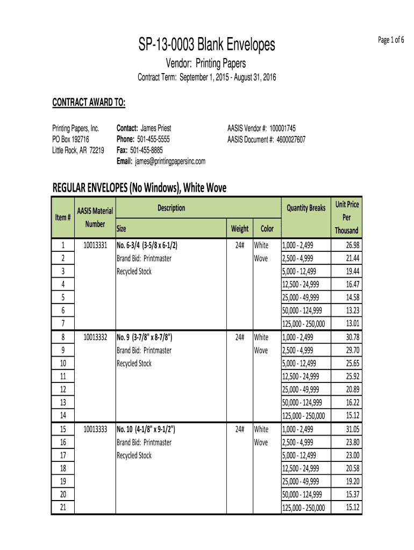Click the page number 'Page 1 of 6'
391,40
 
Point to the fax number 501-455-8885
146,150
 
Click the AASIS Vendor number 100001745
282,128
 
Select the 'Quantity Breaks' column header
306,208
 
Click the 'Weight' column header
240,229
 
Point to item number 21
63,507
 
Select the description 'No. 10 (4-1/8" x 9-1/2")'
146,429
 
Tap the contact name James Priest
156,128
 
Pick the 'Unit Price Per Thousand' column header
347,218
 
